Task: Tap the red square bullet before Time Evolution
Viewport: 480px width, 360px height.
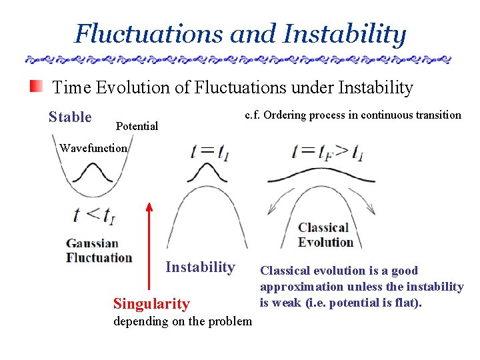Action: point(36,87)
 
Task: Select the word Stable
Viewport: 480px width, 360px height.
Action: point(70,117)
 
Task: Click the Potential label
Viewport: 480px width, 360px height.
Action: point(137,126)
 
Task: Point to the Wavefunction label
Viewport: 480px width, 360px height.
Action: point(93,148)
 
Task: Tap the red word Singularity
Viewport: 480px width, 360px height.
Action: point(151,304)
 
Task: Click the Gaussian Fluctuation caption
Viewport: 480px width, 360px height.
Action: point(99,251)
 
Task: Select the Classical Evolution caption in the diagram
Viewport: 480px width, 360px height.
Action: point(325,235)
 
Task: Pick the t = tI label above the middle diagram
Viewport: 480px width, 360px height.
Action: point(211,151)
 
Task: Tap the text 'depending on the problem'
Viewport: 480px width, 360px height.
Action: point(183,321)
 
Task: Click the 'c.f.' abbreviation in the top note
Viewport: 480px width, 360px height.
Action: point(253,115)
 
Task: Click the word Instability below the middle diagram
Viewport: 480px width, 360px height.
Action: point(200,267)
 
